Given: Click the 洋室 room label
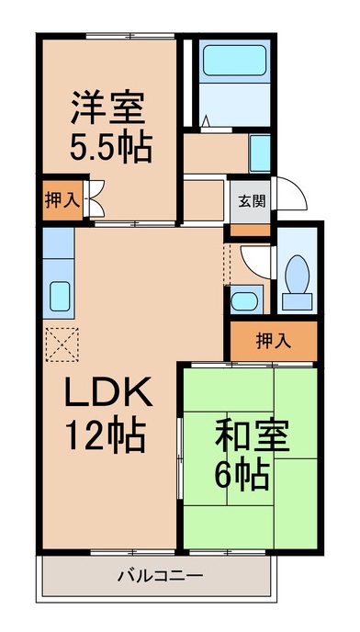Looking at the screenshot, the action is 108,107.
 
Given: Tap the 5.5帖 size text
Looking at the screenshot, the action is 111,147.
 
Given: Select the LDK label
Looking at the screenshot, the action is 109,391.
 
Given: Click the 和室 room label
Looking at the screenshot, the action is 253,435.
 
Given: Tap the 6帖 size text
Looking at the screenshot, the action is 242,476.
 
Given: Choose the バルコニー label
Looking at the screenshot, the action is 160,576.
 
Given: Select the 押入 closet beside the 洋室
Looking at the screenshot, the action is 62,201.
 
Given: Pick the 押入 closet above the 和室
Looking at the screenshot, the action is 274,341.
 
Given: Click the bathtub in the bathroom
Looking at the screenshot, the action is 234,61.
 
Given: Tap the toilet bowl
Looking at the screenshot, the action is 297,274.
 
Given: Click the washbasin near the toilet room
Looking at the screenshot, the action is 244,300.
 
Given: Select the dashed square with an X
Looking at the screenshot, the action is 62,344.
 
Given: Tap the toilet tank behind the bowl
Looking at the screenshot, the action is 297,301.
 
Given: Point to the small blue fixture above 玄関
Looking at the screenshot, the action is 259,153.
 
